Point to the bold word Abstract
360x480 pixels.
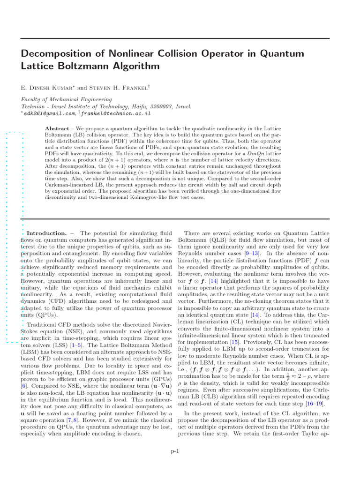pos(57,128)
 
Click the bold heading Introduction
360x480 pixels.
pos(47,233)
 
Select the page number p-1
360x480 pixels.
pos(175,451)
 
